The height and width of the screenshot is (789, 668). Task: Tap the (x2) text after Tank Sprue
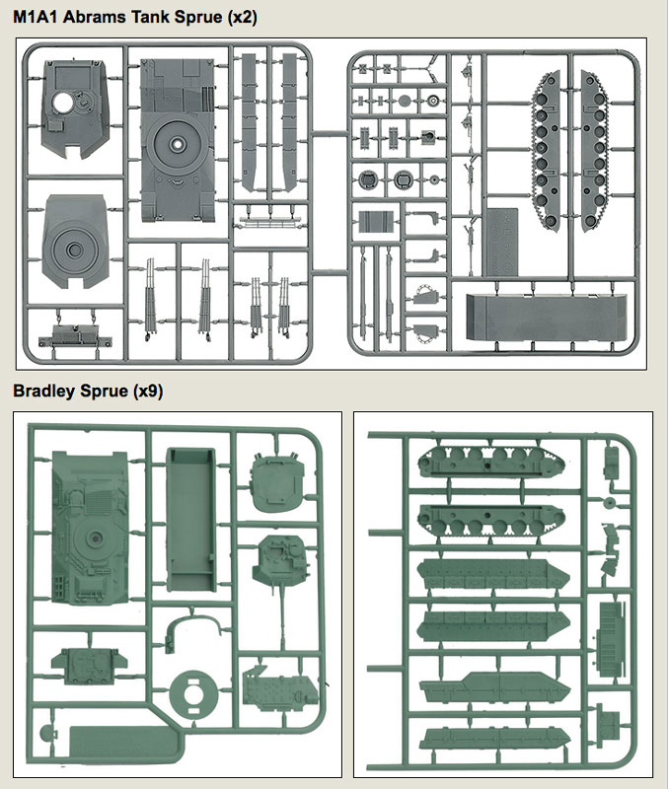tap(242, 18)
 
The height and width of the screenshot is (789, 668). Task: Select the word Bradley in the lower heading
tap(44, 391)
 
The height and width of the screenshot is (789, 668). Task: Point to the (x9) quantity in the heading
tap(148, 392)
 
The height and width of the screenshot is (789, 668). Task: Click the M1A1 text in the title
tap(35, 17)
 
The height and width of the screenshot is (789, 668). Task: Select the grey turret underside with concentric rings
tap(76, 242)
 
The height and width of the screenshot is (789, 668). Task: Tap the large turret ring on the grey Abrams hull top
tap(178, 143)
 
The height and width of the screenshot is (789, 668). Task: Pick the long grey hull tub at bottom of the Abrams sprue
tap(547, 317)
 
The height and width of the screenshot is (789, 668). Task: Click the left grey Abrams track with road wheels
tap(547, 151)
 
